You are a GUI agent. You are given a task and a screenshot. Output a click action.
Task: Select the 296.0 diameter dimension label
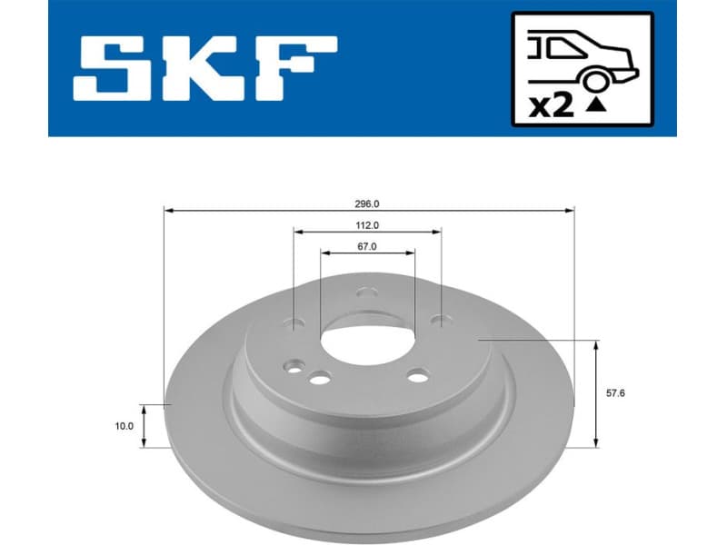pos(368,204)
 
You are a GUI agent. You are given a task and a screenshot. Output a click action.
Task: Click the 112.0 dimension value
pos(367,225)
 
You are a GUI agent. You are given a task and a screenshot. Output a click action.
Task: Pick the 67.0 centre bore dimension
pos(367,246)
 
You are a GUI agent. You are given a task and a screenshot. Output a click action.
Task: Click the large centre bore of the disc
pos(368,341)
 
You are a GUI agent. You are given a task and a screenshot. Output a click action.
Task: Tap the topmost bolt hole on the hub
pos(366,292)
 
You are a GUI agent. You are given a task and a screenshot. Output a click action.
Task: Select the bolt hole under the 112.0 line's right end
pos(442,320)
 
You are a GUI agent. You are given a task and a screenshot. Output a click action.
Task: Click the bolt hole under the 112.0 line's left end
pos(294,321)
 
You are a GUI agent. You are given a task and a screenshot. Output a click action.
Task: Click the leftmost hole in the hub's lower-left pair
pos(293,367)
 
